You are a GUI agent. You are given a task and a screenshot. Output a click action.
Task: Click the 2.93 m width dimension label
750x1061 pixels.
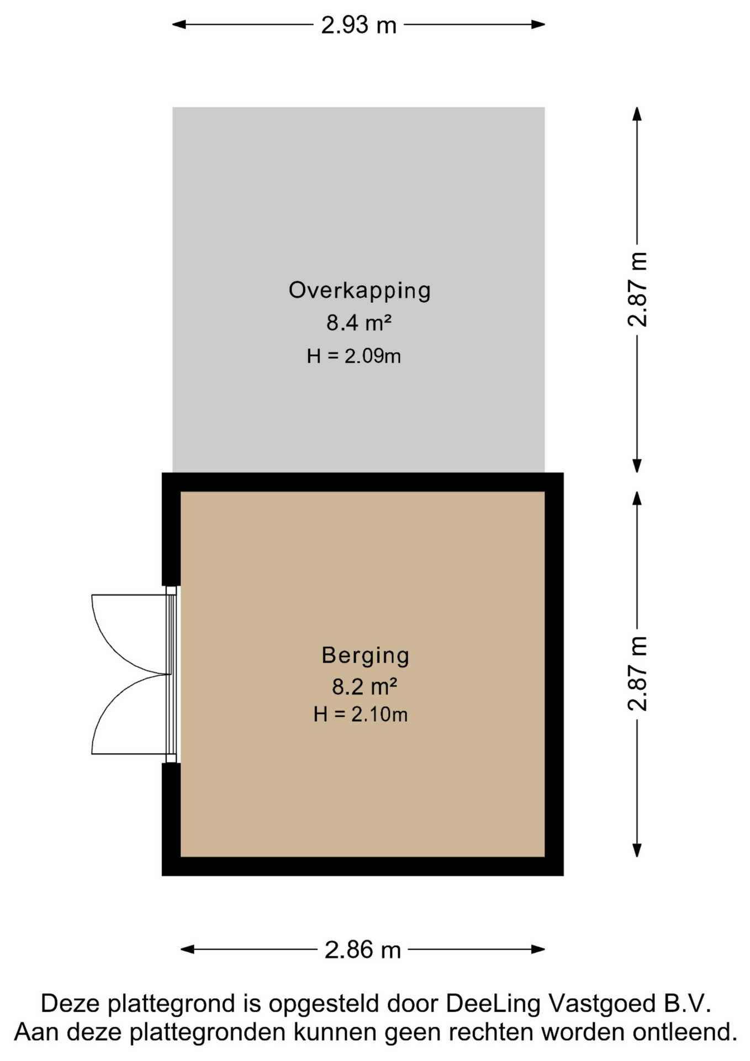click(359, 25)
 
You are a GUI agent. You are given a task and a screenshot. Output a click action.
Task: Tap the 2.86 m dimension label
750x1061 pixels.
click(362, 950)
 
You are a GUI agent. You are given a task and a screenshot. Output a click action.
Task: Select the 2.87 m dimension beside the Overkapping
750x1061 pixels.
click(637, 289)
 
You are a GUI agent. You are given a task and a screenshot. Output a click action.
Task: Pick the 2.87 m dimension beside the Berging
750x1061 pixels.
click(637, 673)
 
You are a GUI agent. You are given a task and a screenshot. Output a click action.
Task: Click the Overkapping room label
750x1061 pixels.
click(360, 291)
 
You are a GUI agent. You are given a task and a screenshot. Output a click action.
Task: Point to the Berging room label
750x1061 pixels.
click(365, 655)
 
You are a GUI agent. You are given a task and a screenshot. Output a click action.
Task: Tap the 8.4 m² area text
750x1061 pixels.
click(359, 323)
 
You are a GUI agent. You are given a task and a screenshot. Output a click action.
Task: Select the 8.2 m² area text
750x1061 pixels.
click(365, 686)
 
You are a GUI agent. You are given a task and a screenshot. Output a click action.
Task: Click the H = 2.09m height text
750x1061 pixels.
click(354, 356)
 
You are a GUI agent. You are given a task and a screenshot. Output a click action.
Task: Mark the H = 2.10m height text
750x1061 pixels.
click(361, 715)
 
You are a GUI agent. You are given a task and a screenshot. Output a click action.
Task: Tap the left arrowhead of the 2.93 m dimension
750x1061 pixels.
click(179, 24)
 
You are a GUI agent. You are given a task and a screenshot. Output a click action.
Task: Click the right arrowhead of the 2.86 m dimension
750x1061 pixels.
click(538, 949)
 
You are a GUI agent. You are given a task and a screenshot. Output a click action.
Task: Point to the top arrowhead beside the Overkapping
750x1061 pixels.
click(637, 114)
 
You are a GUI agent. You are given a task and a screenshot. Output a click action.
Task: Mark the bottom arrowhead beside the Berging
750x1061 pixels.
click(637, 850)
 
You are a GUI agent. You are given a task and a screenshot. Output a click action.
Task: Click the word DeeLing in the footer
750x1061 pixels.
click(493, 1004)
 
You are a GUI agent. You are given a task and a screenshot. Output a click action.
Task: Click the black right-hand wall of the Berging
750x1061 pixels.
click(554, 674)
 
